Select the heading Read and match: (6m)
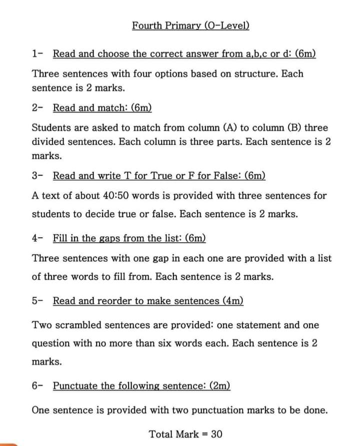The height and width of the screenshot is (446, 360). click(x=102, y=107)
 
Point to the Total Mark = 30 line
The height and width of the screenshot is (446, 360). click(x=185, y=434)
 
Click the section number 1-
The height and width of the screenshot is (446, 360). click(x=37, y=53)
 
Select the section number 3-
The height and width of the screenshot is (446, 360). click(x=37, y=176)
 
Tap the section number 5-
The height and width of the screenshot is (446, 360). click(x=37, y=301)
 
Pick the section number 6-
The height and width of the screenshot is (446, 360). click(x=37, y=386)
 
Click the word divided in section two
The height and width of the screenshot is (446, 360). click(x=49, y=141)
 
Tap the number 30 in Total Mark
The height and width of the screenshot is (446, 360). click(x=216, y=434)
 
